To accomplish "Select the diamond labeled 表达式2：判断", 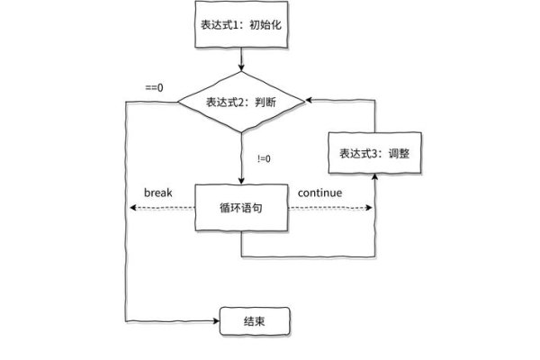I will coord(241,102).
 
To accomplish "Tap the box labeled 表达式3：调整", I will coord(373,153).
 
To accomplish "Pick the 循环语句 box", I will coord(241,207).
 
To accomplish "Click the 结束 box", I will coord(255,321).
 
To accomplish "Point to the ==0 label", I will coord(154,87).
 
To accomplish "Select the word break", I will coord(157,193).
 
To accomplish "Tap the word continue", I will coord(319,193).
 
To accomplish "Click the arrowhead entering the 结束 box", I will coord(216,321).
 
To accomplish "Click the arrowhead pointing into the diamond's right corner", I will coord(308,100).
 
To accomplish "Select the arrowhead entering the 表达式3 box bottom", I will coord(373,176).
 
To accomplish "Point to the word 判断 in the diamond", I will coord(265,102).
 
